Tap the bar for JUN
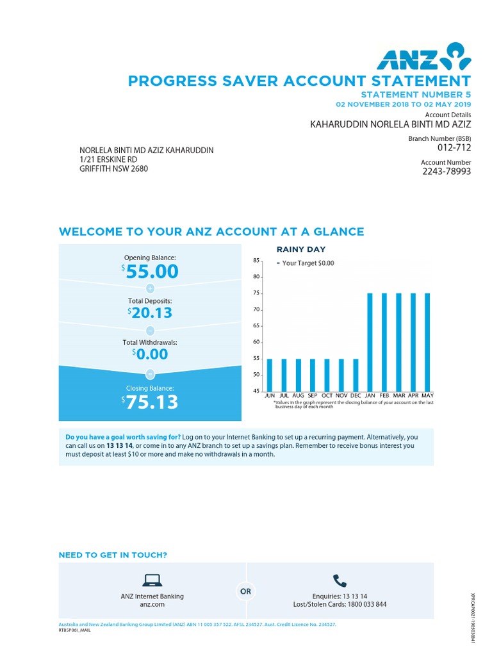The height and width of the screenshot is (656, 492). click(270, 374)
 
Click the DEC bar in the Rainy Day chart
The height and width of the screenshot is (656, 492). click(356, 374)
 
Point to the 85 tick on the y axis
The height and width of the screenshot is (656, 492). click(256, 261)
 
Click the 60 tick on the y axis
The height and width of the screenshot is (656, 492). click(256, 342)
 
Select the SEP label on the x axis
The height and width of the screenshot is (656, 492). click(313, 396)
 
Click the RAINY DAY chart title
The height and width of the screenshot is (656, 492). click(300, 249)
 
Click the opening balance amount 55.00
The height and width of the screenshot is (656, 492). click(152, 272)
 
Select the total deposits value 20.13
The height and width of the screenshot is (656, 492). click(152, 313)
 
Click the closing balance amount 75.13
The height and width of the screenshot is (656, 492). click(152, 402)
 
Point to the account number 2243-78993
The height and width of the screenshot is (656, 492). click(447, 172)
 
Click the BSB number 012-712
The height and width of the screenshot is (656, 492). click(454, 148)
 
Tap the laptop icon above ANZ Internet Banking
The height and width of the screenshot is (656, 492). click(152, 580)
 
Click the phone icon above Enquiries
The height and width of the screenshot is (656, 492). click(340, 581)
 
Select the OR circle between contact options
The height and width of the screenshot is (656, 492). click(246, 591)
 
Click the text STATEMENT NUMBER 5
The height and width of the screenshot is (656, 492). click(416, 95)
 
